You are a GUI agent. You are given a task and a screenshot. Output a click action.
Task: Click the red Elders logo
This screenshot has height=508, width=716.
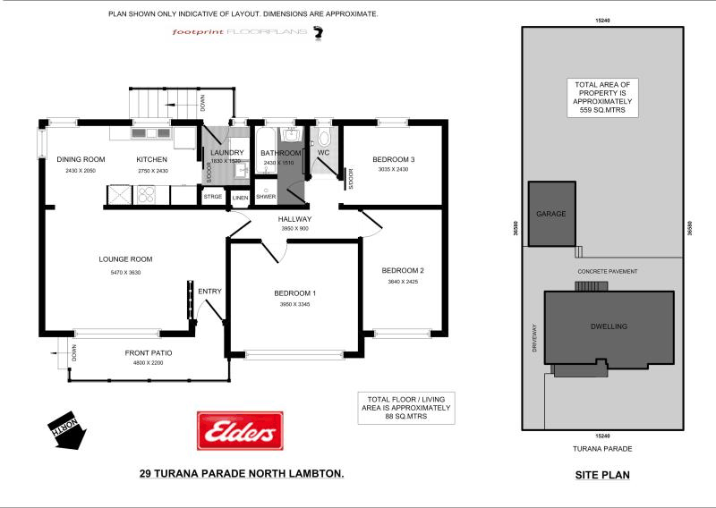pyautogui.click(x=239, y=431)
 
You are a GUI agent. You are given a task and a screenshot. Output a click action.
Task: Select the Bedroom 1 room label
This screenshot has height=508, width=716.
pyautogui.click(x=294, y=293)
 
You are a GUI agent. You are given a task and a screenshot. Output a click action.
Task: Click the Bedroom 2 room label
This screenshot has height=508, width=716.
pyautogui.click(x=402, y=271)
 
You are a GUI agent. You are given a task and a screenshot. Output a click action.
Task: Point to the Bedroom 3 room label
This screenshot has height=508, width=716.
pyautogui.click(x=393, y=160)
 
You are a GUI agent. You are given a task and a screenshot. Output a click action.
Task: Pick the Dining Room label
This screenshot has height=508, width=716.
pyautogui.click(x=81, y=160)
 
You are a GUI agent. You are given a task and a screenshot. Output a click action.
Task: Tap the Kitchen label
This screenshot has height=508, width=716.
pyautogui.click(x=152, y=160)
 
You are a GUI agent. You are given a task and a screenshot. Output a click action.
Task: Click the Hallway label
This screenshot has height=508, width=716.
pyautogui.click(x=294, y=219)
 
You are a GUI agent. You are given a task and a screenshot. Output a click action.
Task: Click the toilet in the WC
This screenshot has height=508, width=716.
pyautogui.click(x=324, y=138)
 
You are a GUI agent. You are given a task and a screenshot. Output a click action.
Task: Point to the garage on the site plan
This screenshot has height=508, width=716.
pyautogui.click(x=551, y=215)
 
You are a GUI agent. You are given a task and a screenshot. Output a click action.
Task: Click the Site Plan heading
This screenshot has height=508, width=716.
pyautogui.click(x=601, y=475)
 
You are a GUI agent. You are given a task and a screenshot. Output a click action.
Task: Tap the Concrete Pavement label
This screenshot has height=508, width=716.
pyautogui.click(x=608, y=270)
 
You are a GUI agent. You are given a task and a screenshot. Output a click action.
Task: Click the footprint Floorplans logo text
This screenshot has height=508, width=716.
pyautogui.click(x=240, y=32)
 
